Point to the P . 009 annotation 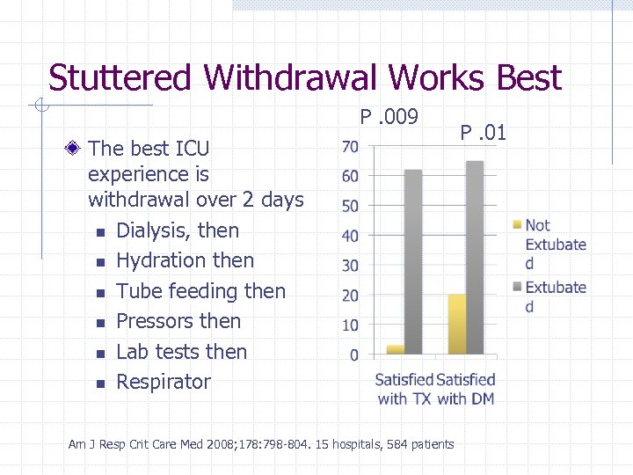click(389, 117)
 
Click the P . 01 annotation click(484, 134)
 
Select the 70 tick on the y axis click(349, 145)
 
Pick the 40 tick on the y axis click(349, 236)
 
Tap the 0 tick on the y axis click(353, 355)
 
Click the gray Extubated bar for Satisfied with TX click(413, 262)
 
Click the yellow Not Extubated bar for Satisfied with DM click(457, 325)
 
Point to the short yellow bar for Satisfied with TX click(396, 350)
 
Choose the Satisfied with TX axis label click(404, 389)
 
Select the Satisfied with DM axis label click(466, 389)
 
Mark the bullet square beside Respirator click(100, 384)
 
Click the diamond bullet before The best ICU click(78, 146)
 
